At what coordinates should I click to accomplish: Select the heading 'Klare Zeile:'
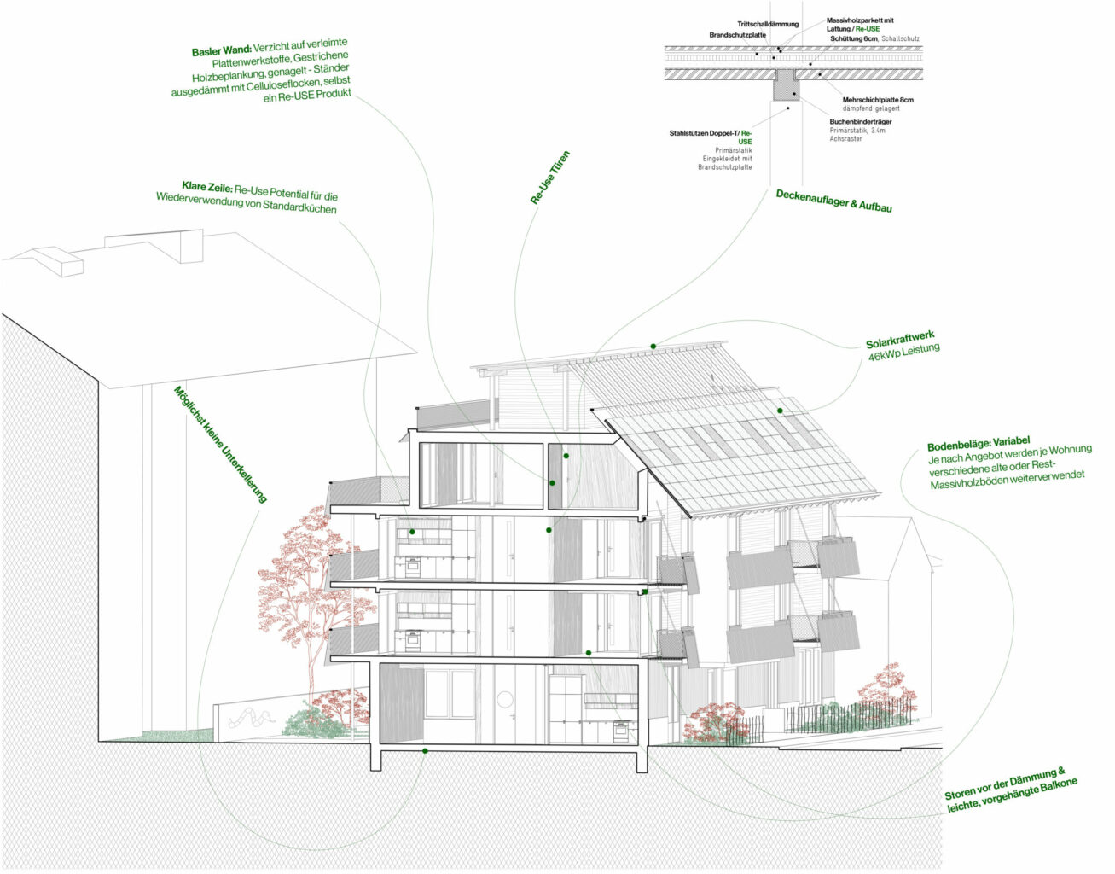point(206,185)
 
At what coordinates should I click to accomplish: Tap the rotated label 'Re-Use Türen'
point(550,178)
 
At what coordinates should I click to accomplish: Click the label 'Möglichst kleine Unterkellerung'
point(220,444)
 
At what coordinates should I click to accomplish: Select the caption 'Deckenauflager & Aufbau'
point(833,201)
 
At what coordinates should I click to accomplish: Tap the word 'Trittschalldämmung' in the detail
point(768,24)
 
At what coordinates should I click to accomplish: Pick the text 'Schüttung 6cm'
point(853,39)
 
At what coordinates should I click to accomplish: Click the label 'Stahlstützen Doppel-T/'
point(703,134)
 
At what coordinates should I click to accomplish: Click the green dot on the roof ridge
point(653,346)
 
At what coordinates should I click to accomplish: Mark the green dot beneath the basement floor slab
point(425,751)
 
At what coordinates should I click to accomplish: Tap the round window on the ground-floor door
point(504,700)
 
